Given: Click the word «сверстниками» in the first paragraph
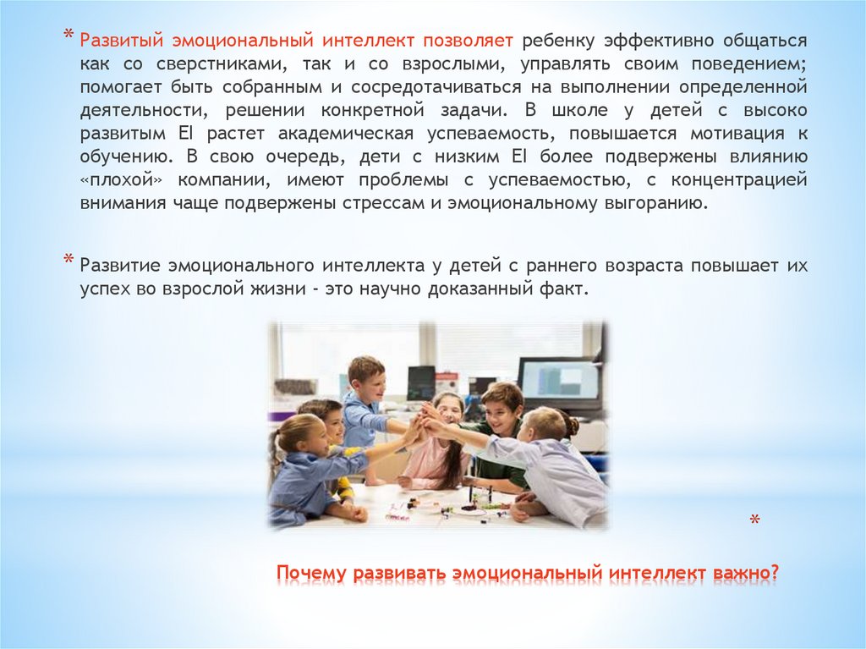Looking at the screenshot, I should (x=190, y=63).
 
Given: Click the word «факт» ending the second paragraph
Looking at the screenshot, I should (x=562, y=289).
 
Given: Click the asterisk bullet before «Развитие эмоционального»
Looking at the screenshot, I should (x=69, y=261).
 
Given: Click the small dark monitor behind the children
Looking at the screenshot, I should (x=420, y=382).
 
